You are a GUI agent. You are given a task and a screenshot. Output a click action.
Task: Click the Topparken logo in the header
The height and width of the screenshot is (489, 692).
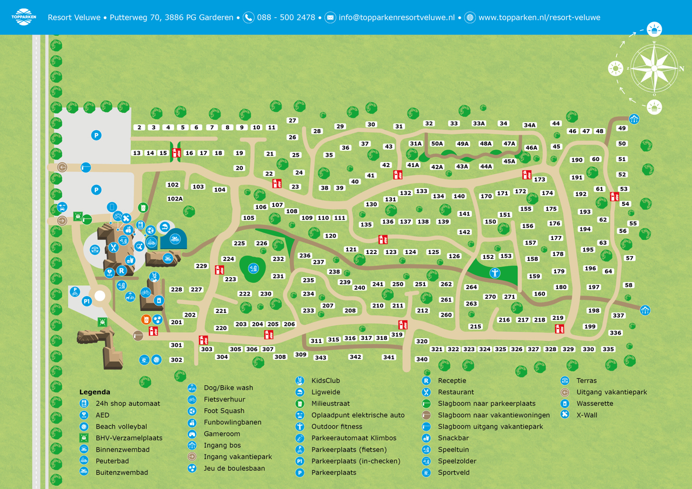pyautogui.click(x=23, y=17)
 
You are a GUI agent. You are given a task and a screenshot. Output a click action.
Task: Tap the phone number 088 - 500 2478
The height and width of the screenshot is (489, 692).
pyautogui.click(x=286, y=17)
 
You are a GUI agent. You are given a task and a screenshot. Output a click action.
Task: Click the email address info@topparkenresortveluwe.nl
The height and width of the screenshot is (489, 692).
pyautogui.click(x=396, y=17)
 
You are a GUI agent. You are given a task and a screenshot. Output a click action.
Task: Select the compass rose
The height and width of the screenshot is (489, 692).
pyautogui.click(x=654, y=68)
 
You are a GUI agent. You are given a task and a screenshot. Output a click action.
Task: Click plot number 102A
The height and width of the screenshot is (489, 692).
pyautogui.click(x=175, y=199)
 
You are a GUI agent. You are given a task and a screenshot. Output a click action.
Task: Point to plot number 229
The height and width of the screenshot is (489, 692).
pyautogui.click(x=201, y=266)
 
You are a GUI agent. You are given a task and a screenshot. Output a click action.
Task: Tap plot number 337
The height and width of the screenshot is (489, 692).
pyautogui.click(x=618, y=316)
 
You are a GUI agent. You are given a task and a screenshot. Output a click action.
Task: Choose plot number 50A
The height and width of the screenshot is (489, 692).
pyautogui.click(x=437, y=144)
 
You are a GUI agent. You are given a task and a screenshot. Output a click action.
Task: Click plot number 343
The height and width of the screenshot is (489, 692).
pyautogui.click(x=321, y=358)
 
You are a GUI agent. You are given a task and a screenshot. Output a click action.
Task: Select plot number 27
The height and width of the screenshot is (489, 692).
pyautogui.click(x=292, y=120)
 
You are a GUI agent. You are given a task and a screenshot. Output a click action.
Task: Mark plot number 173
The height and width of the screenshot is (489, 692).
pyautogui.click(x=540, y=179)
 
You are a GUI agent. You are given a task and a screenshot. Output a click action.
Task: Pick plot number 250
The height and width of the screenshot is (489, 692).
pyautogui.click(x=398, y=284)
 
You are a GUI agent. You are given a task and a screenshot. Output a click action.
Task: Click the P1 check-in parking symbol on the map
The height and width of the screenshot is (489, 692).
pyautogui.click(x=86, y=302)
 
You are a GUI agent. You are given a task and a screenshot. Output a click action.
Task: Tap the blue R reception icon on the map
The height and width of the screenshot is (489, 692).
pyautogui.click(x=122, y=271)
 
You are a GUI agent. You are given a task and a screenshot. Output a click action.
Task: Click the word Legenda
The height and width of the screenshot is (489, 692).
pyautogui.click(x=95, y=392)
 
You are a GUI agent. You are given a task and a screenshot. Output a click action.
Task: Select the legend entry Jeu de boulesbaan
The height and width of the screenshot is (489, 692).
pyautogui.click(x=234, y=468)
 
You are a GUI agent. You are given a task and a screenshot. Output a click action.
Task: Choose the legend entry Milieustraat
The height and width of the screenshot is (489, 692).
pyautogui.click(x=330, y=404)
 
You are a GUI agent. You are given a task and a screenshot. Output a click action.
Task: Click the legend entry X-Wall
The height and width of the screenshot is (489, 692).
pyautogui.click(x=587, y=414)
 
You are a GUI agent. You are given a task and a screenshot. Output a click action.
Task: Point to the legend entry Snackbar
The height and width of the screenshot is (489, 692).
pyautogui.click(x=453, y=438)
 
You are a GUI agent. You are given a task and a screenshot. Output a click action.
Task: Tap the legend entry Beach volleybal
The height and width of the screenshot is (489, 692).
pyautogui.click(x=121, y=427)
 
